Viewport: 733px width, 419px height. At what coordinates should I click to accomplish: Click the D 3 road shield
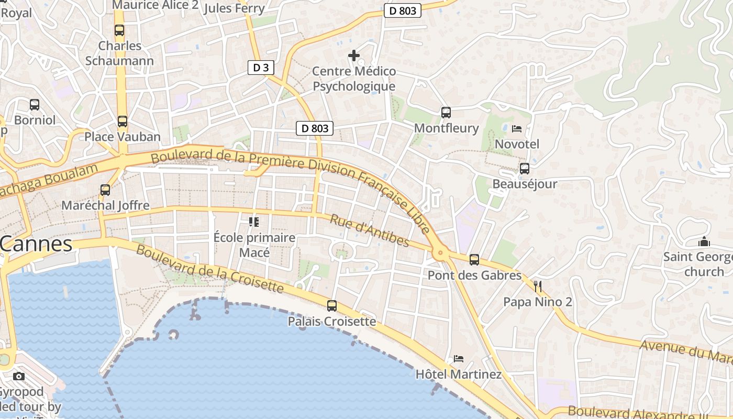pos(261,68)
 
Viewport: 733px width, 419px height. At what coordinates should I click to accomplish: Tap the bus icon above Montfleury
pos(446,113)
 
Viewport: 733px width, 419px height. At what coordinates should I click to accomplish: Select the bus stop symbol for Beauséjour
pos(524,169)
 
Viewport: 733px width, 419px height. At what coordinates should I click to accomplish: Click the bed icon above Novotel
pos(517,128)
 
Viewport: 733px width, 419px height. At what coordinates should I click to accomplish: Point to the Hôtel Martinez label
pos(458,374)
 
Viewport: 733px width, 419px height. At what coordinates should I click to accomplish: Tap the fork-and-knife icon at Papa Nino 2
pos(537,286)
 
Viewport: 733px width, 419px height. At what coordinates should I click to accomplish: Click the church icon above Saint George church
pos(704,242)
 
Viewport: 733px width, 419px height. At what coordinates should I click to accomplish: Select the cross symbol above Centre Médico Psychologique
pos(354,55)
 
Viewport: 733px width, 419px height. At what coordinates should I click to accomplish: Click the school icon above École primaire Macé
pos(254,222)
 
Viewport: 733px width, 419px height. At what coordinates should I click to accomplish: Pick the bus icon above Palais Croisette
pos(332,306)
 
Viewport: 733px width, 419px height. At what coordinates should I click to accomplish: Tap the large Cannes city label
pos(36,244)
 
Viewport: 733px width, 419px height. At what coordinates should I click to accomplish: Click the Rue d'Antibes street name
pos(369,230)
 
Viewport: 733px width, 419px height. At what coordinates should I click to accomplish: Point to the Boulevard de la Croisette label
pos(209,268)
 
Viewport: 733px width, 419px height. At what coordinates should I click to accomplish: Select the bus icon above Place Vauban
pos(123,122)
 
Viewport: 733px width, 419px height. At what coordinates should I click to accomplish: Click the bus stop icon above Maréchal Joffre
pos(105,190)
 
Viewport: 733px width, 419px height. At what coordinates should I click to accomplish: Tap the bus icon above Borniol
pos(35,105)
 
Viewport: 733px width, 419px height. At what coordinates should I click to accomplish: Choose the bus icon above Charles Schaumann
pos(119,30)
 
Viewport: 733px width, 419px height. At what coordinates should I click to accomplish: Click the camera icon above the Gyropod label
pos(19,376)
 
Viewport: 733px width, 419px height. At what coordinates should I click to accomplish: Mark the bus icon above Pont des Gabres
pos(474,259)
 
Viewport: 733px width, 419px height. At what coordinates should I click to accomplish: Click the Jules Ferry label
pos(234,8)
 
